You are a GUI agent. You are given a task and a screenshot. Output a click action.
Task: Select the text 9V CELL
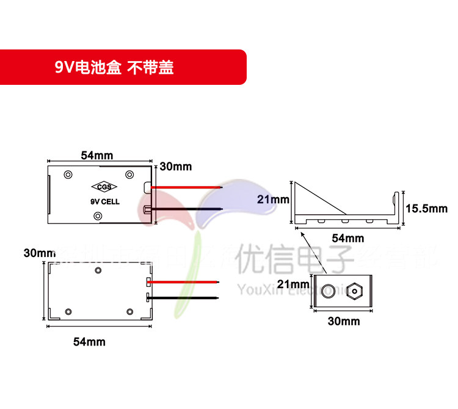click(100, 201)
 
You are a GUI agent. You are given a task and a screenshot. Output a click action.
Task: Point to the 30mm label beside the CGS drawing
click(175, 167)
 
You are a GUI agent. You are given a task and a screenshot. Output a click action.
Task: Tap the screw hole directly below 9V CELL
click(98, 216)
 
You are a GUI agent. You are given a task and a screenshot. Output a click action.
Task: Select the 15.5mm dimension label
click(426, 209)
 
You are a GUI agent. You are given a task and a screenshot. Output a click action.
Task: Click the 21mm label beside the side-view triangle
click(272, 200)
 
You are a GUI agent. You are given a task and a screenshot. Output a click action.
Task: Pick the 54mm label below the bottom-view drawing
click(89, 342)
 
